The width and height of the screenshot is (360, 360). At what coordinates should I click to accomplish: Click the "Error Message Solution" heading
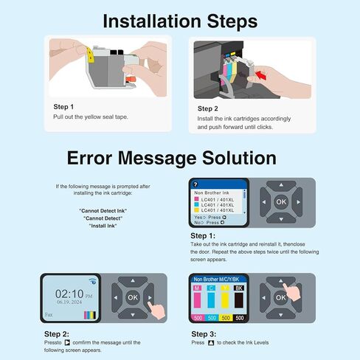[x=172, y=157]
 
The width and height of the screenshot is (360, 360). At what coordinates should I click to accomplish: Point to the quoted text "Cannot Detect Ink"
[x=102, y=212]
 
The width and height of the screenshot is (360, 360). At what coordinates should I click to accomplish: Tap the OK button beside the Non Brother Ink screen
[x=280, y=201]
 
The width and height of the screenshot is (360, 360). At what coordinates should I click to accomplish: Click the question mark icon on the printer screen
[x=195, y=183]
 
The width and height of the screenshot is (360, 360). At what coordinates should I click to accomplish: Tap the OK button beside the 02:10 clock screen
[x=132, y=297]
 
